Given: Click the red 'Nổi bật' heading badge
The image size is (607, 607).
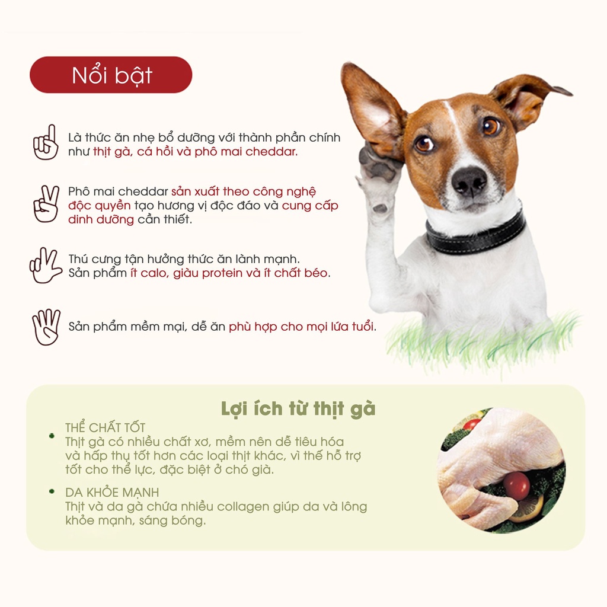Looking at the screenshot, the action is point(111,75).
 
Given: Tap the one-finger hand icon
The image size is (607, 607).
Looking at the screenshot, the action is point(46,142).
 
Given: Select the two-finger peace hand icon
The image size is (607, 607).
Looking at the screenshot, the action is point(46,204).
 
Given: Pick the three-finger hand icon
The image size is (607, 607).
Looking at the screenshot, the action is point(45,265).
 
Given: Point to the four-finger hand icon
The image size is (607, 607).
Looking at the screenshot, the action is point(46,327).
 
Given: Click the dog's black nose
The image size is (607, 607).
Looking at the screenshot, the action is point(469,181).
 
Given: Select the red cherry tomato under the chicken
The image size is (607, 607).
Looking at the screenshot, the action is point(516,485).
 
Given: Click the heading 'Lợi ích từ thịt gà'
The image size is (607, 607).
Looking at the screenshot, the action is point(298,409).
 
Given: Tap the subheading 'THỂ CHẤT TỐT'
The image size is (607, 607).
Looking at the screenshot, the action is point(105,428).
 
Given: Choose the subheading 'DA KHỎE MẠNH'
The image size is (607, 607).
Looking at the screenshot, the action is point(112,493).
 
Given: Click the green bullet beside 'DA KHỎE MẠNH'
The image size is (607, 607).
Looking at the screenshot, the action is point(52,491).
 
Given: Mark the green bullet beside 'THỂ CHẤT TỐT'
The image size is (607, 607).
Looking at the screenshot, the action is point(52,436).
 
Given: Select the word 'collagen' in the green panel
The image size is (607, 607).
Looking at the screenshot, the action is point(242,507).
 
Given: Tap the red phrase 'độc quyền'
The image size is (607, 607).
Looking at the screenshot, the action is point(99,206).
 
